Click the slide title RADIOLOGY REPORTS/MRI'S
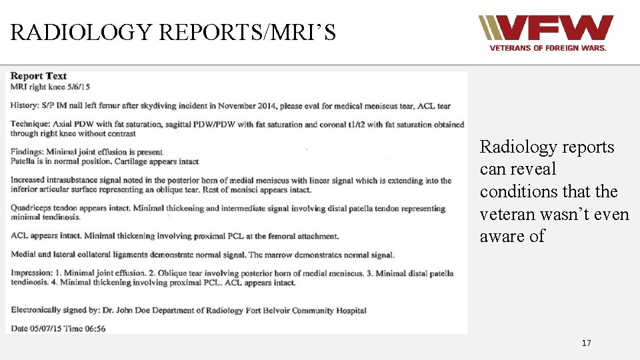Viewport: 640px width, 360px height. coord(173,32)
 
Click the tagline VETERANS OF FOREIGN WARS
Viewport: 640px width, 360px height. coord(548,48)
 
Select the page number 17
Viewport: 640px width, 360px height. coord(586,343)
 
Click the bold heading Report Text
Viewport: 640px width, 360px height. coord(39,76)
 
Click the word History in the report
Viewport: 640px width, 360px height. coord(25,105)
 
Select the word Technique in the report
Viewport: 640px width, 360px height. coord(30,125)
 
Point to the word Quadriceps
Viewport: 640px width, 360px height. coord(31,209)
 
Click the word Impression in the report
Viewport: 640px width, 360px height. coord(31,273)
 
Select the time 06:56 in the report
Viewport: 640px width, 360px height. coord(93,328)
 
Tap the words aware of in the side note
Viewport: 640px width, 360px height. coord(512,236)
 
